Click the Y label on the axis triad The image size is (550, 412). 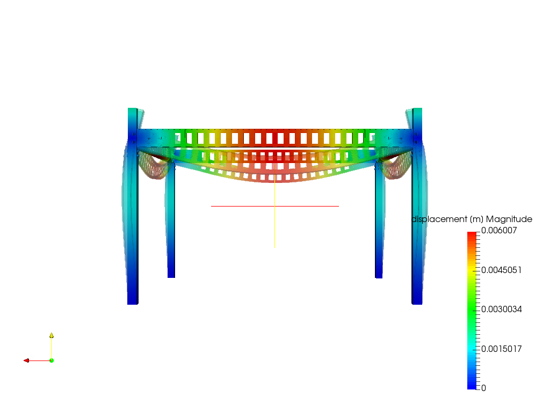(x=55, y=335)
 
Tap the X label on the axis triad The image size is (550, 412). (x=32, y=357)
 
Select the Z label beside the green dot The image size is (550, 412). (x=55, y=358)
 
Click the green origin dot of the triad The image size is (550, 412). (x=52, y=360)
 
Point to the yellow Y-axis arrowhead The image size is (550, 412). (x=52, y=335)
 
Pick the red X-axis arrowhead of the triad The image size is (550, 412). (x=26, y=360)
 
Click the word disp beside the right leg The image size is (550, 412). (x=419, y=219)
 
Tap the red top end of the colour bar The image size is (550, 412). (x=472, y=234)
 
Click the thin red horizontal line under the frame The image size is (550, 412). (x=242, y=206)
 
